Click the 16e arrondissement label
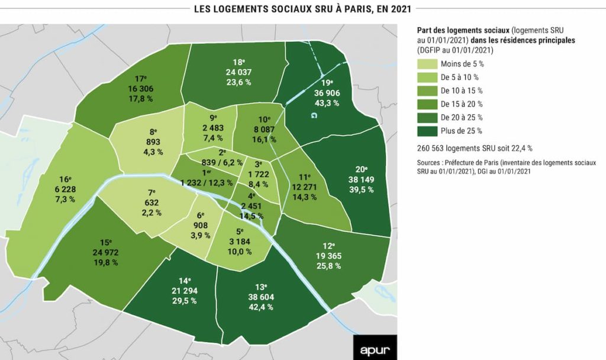pos(66,179)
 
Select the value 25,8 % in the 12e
pos(328,266)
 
